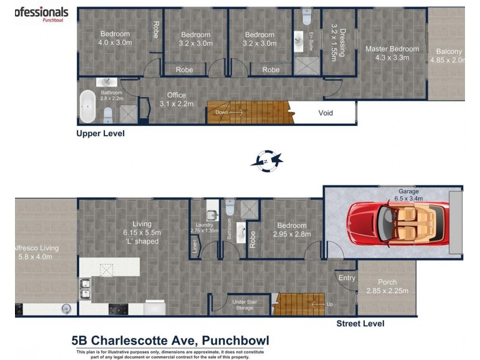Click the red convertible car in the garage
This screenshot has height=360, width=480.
tap(393, 221)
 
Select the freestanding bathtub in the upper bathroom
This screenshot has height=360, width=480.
tap(89, 107)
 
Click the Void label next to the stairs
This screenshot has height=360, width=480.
tap(325, 113)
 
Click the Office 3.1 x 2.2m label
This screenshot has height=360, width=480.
tap(176, 99)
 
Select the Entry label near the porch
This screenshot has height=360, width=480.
tap(347, 278)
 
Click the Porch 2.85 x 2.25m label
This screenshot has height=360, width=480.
tap(387, 287)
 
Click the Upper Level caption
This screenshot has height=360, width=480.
tap(100, 134)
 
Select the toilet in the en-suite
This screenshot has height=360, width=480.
tap(307, 14)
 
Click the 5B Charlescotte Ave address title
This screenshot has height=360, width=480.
tap(170, 341)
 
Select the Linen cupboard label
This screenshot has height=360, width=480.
tap(194, 245)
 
